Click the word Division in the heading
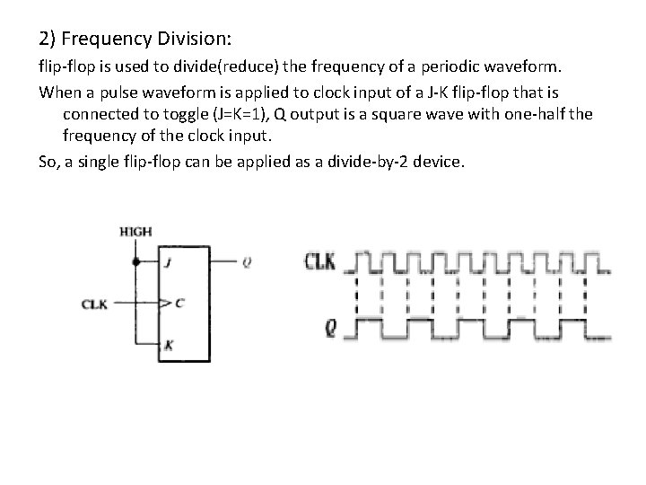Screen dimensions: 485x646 click(x=190, y=40)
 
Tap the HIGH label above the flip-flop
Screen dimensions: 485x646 click(x=135, y=232)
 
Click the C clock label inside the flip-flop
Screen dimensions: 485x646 click(x=178, y=304)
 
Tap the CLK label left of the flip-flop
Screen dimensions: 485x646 click(x=94, y=304)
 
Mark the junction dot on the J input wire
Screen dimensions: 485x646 click(x=135, y=262)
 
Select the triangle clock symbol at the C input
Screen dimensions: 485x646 click(x=163, y=304)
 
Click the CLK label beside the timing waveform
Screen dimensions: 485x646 click(x=320, y=262)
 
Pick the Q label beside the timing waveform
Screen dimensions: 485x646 click(x=330, y=329)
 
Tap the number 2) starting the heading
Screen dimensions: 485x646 click(x=48, y=40)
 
